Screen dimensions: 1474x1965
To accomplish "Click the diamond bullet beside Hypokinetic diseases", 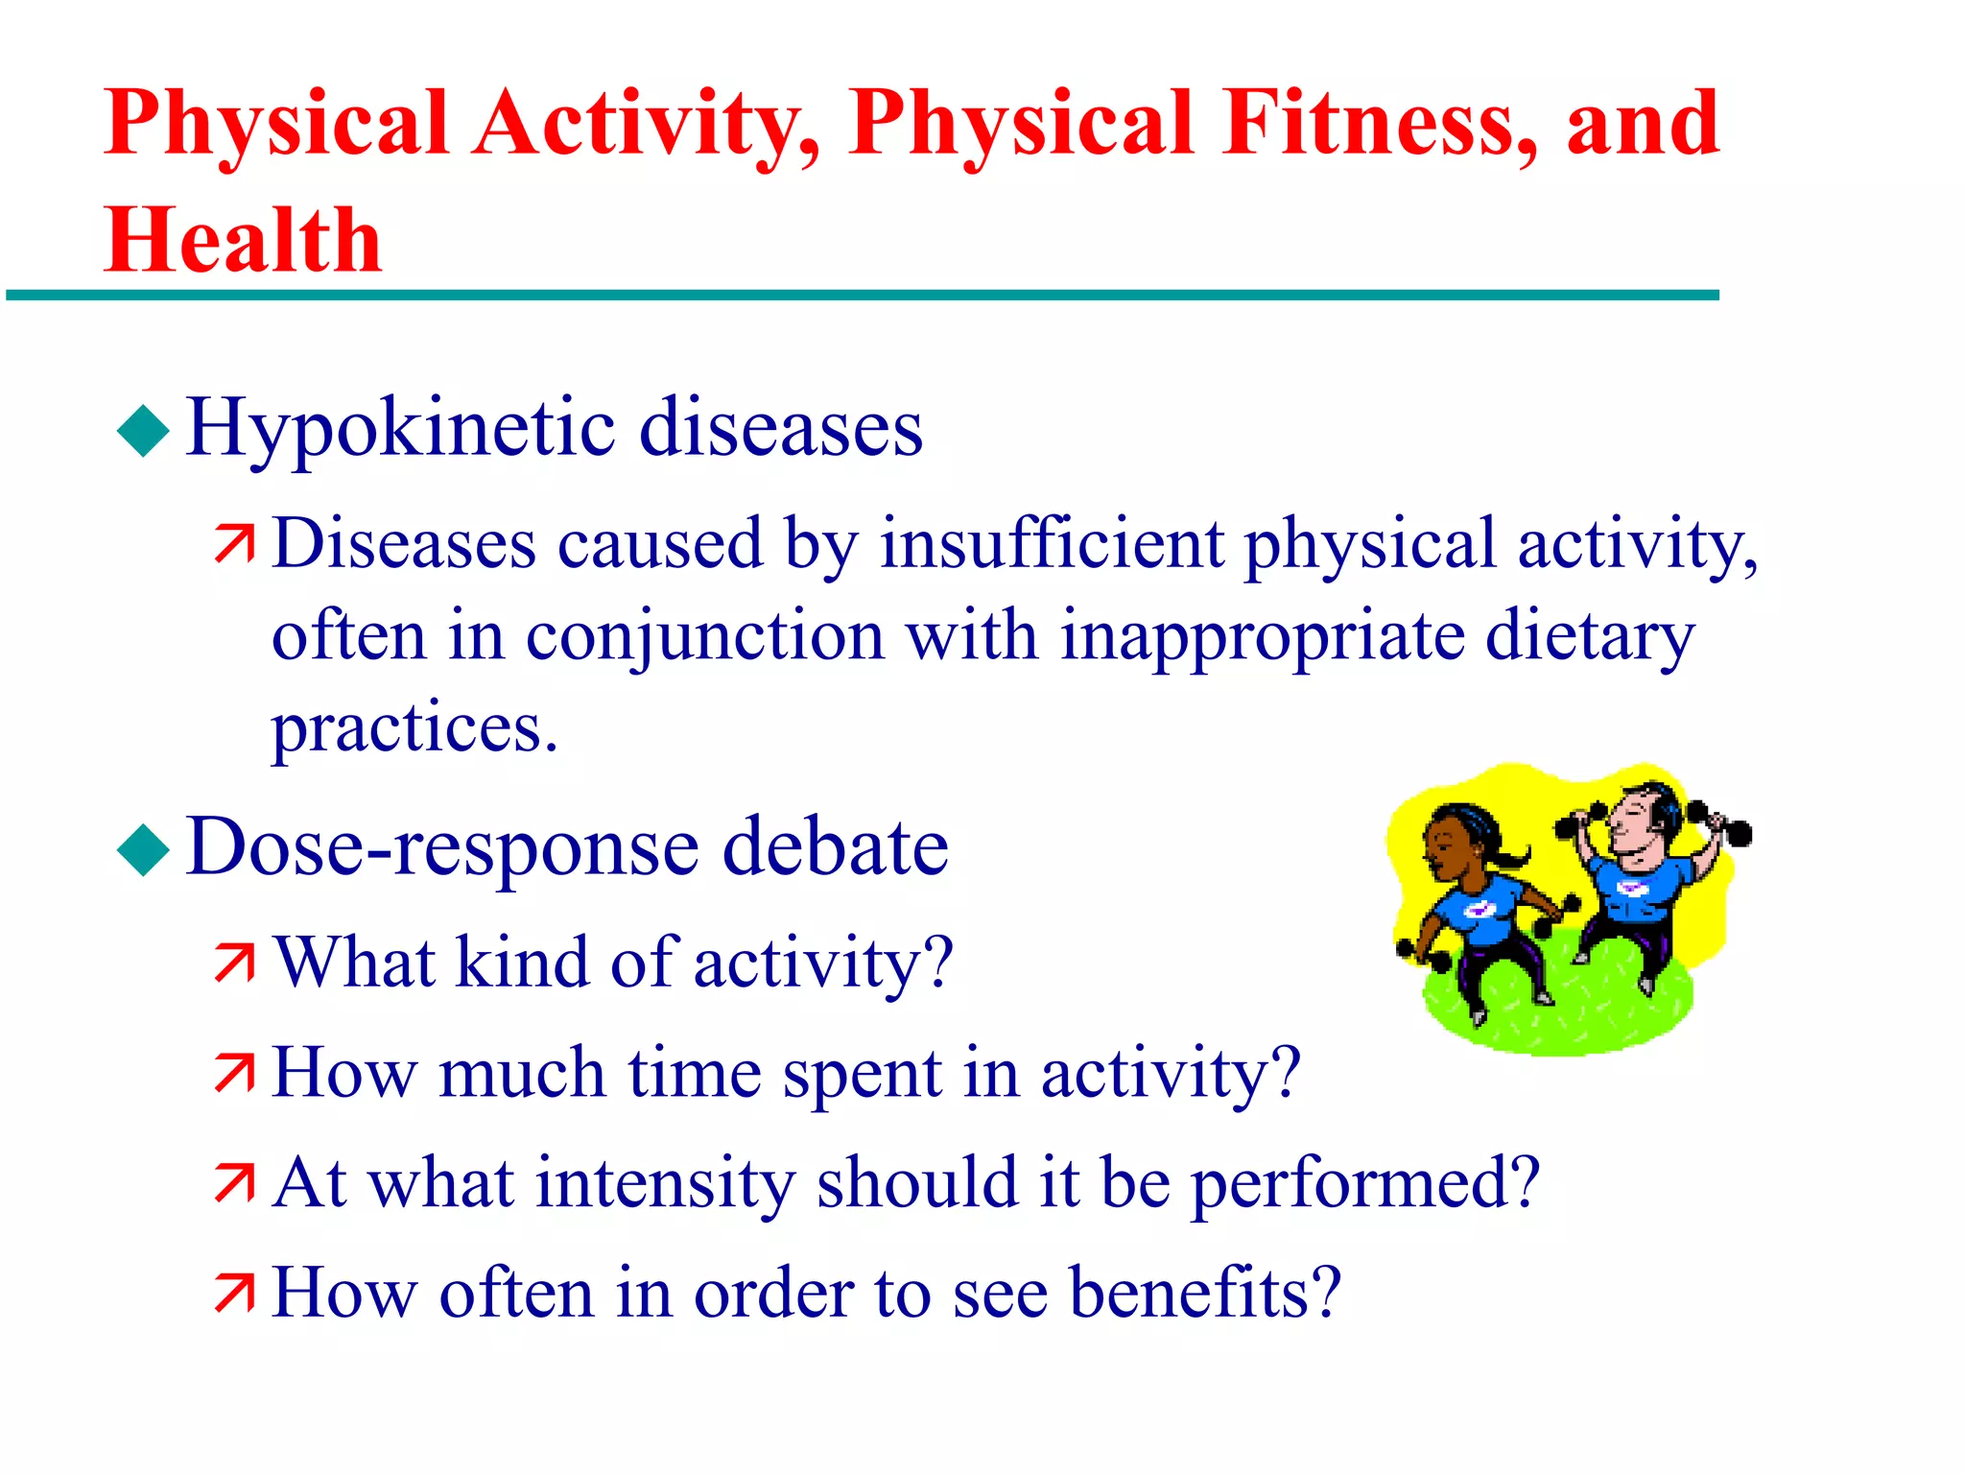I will coord(143,430).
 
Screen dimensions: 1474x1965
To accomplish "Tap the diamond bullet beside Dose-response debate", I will coord(143,849).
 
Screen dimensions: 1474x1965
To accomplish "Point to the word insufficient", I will coord(1052,544).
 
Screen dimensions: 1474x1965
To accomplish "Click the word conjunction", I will coord(704,637).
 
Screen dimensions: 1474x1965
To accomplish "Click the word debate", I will coord(835,847).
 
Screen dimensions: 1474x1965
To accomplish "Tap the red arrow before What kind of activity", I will coord(235,963).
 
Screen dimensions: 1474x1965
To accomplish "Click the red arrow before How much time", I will coord(235,1073).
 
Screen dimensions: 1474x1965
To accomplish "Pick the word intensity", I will coord(665,1182).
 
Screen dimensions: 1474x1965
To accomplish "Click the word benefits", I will coord(1204,1293).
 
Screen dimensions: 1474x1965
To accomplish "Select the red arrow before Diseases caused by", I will coord(235,544).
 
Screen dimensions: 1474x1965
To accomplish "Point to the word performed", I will coord(1364,1184).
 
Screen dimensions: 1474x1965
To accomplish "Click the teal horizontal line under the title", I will coord(864,296).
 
